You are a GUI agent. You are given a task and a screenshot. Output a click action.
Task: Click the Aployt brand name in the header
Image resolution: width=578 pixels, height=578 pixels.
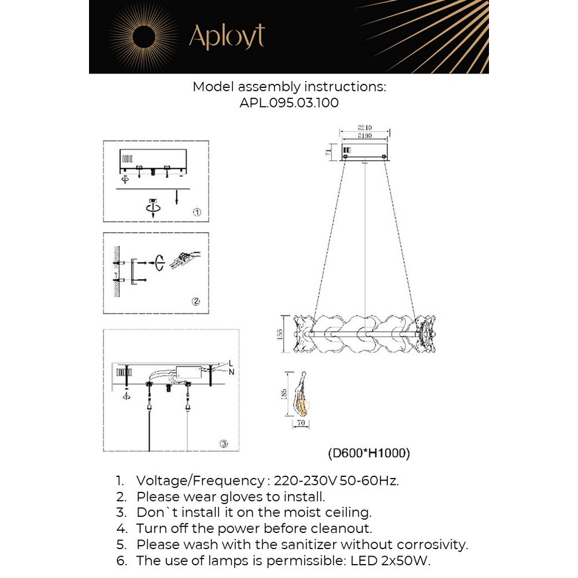click(227, 37)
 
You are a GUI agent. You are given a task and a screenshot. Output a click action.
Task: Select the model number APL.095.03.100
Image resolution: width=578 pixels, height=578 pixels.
click(289, 103)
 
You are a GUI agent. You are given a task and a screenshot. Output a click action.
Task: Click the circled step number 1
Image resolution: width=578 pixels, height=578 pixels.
click(197, 213)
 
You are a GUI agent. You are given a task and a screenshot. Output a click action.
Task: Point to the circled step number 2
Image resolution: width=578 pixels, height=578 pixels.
click(196, 301)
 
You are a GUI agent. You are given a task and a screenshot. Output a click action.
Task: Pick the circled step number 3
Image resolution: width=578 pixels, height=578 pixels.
click(224, 444)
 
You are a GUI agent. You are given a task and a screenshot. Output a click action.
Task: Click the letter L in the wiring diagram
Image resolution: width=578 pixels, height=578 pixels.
click(231, 363)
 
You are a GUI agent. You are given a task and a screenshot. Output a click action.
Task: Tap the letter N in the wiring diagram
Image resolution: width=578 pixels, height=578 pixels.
click(231, 371)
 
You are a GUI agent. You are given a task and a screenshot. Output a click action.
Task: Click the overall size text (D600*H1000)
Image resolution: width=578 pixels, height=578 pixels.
click(369, 454)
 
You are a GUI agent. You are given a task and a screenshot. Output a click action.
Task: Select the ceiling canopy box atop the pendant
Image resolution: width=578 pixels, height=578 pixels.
click(364, 152)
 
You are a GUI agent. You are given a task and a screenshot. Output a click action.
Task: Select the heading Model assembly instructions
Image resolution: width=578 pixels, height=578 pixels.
click(289, 87)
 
